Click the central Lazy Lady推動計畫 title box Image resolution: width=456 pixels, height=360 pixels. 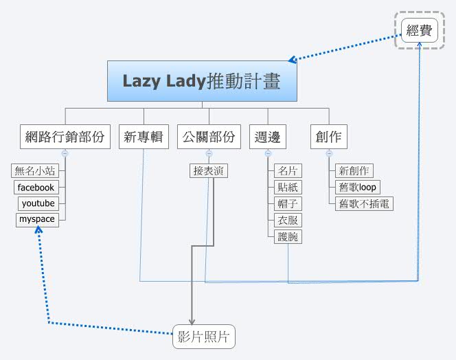click(x=203, y=81)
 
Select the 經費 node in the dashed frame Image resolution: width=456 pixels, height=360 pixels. click(x=420, y=30)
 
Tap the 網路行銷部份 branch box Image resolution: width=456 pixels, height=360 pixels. click(x=65, y=137)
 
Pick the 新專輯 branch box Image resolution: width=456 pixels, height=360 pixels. click(x=144, y=137)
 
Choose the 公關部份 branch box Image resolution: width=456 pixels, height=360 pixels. click(x=209, y=137)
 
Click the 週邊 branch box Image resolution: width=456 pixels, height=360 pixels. click(x=267, y=137)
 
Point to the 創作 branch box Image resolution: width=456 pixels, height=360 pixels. click(x=328, y=137)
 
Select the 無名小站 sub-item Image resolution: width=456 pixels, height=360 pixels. click(x=34, y=170)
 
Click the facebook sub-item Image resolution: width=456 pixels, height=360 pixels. click(x=36, y=187)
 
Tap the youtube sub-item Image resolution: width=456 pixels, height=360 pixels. click(x=38, y=203)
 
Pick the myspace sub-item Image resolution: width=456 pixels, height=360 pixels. click(x=37, y=220)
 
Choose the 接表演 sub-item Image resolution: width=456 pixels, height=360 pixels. click(x=209, y=170)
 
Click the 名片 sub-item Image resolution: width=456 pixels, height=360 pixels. click(x=286, y=170)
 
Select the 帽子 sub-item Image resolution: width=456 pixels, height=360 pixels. click(x=286, y=203)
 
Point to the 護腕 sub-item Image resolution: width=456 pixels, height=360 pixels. click(x=286, y=236)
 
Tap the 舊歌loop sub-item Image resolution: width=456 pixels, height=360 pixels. click(x=358, y=187)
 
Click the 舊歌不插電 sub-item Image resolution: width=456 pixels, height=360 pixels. click(x=365, y=203)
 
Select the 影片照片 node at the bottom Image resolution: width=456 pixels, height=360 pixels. click(x=203, y=337)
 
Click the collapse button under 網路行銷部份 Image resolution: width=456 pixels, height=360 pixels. click(x=65, y=153)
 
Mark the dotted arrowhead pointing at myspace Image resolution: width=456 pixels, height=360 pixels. click(x=38, y=232)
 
